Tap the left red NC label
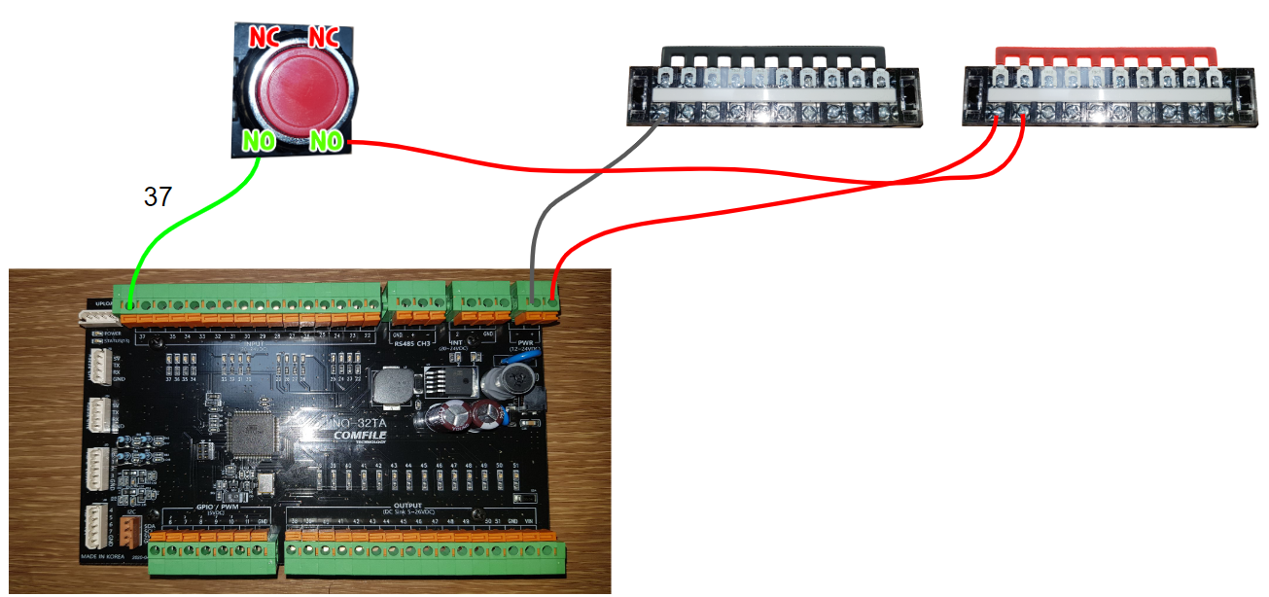tap(264, 38)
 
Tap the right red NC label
tap(323, 38)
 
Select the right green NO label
tap(328, 143)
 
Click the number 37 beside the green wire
tap(158, 197)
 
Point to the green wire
tap(175, 233)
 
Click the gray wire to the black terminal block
tap(574, 194)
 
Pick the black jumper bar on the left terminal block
tap(772, 53)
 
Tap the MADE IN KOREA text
tap(103, 558)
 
